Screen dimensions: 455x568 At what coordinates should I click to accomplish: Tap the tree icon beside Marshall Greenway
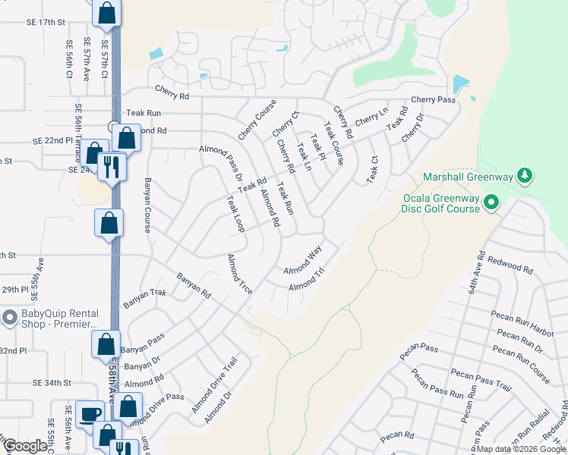point(524,177)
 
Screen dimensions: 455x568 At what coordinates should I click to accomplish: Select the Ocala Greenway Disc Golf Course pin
point(491,202)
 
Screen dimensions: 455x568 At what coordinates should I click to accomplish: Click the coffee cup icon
point(90,414)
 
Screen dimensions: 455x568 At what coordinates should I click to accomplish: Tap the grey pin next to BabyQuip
point(10,317)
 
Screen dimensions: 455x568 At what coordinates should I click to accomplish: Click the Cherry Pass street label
point(433,100)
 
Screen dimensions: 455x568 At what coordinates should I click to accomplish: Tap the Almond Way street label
point(303,259)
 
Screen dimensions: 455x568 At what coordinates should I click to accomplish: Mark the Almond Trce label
point(239,275)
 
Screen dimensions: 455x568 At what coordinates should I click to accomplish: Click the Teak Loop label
point(234,214)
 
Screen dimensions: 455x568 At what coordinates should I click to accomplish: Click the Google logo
point(25,446)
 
